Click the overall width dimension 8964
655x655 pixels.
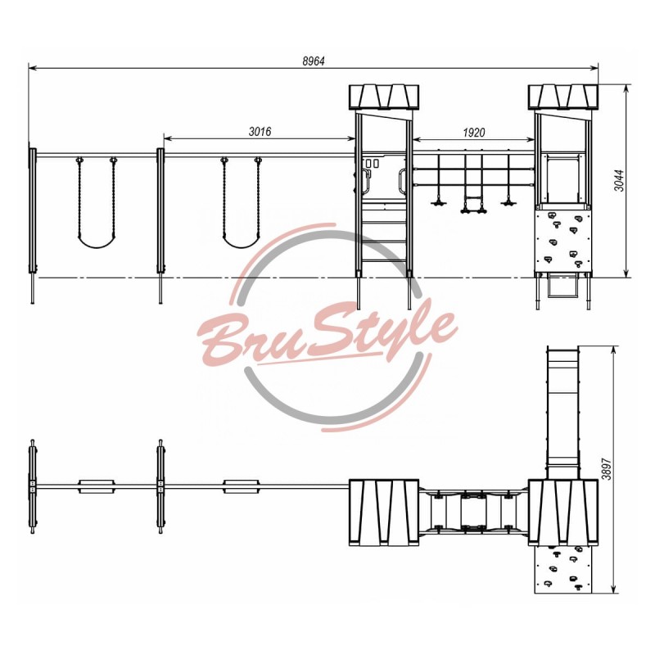tap(314, 61)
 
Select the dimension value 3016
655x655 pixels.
tap(260, 132)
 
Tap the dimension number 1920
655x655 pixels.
tap(474, 133)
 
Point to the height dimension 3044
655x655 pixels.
tap(620, 180)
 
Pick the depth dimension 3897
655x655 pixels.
tap(607, 468)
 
